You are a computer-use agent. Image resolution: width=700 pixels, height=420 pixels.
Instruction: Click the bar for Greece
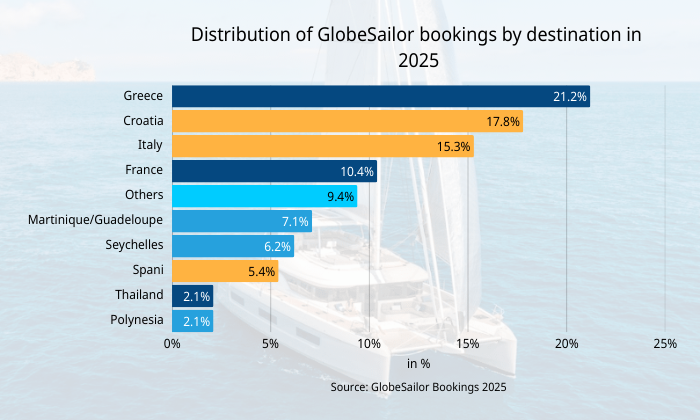point(380,96)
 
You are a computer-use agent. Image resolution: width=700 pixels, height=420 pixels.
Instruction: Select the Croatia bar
point(347,121)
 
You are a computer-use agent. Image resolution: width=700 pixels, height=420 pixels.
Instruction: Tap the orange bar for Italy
point(322,146)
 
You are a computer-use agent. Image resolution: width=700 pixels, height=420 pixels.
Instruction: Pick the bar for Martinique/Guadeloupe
point(241,221)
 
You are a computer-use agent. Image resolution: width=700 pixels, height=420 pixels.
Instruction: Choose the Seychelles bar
point(232,246)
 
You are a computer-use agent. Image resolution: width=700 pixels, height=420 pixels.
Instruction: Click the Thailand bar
point(192,296)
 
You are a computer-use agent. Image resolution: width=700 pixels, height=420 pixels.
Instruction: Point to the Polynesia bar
point(192,321)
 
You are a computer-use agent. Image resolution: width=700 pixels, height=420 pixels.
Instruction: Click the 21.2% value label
point(569,96)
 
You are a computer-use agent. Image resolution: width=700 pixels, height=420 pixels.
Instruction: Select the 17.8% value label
point(503,121)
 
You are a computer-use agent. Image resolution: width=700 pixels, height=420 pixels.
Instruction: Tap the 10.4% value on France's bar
point(357,171)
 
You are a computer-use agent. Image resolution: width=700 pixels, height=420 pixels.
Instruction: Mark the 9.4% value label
point(340,196)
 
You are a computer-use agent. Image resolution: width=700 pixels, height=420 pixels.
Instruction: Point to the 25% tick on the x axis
point(664,344)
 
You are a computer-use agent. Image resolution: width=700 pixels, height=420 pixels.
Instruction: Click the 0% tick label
point(172,344)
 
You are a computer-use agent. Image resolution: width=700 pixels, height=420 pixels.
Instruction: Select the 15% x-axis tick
point(467,344)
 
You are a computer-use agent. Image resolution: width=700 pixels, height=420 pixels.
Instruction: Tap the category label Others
point(144,195)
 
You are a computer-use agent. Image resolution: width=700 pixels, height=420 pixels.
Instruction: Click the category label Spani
point(148,270)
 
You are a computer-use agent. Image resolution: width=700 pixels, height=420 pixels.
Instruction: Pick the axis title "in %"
point(418,364)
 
